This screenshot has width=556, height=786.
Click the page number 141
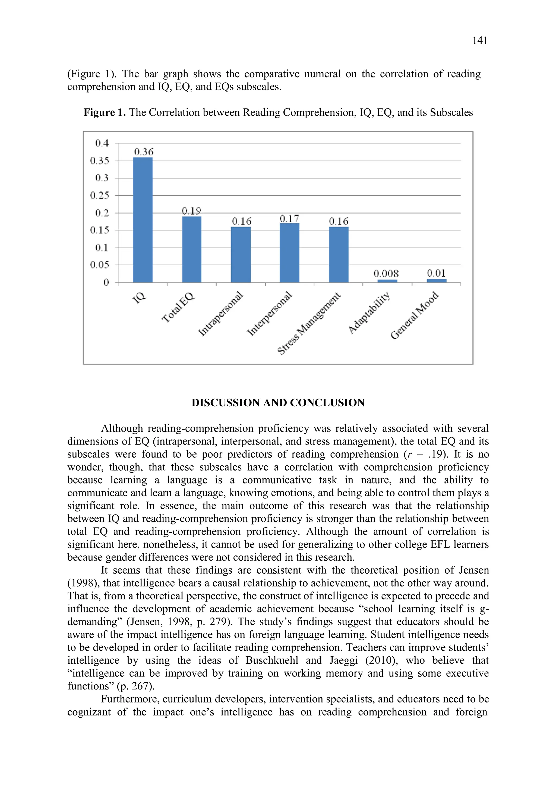480,41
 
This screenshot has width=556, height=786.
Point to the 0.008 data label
386,273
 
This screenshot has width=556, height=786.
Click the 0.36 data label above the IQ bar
144,152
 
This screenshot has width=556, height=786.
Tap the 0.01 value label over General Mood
436,273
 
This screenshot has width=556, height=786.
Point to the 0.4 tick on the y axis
102,143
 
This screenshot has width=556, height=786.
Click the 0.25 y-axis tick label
100,196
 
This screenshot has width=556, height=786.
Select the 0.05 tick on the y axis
100,265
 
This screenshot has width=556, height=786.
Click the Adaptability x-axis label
369,313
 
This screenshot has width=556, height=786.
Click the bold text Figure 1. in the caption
105,113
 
